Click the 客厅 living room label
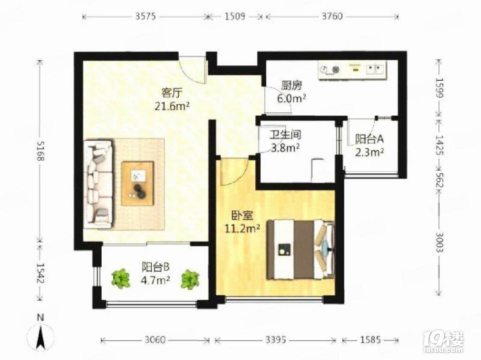[171, 92]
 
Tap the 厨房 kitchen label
[292, 85]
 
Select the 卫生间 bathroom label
[285, 134]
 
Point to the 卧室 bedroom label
[242, 216]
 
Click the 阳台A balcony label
[369, 139]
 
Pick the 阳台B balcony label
[155, 267]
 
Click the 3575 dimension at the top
[146, 16]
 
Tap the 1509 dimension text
[235, 16]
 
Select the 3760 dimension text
[332, 16]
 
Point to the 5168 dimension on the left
[41, 150]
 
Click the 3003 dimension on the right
[439, 242]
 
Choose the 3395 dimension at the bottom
[276, 340]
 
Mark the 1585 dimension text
[370, 340]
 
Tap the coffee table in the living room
[138, 183]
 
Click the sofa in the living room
[98, 184]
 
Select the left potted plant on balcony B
[121, 279]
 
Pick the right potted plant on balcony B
[190, 279]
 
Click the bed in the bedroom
[300, 249]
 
